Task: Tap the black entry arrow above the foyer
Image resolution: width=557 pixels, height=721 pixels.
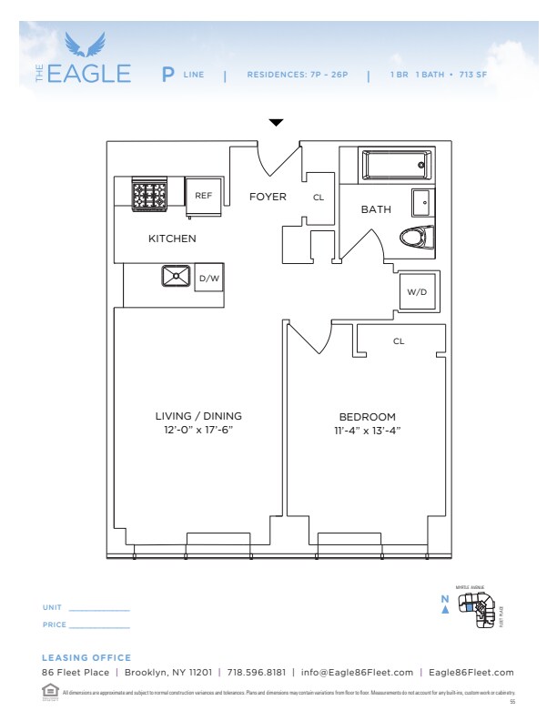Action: coord(276,122)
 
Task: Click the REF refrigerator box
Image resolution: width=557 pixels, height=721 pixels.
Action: coord(203,195)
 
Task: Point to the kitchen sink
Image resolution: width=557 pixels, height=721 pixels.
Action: coord(175,276)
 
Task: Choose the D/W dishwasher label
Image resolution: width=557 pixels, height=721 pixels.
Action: coord(209,278)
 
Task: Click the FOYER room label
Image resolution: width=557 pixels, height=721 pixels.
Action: coord(268,197)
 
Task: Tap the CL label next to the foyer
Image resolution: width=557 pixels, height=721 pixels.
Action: coord(319,197)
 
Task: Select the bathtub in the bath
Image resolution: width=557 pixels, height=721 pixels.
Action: coord(396,166)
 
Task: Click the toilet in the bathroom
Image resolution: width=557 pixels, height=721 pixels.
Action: coord(415,238)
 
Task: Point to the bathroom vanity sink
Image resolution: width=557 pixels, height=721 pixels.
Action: coord(421,201)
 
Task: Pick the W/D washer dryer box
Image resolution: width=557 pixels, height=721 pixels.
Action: coord(417,292)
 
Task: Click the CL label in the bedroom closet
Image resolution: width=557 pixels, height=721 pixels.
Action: coord(399,341)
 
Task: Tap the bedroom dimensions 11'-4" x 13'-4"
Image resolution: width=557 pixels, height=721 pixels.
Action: coord(368,430)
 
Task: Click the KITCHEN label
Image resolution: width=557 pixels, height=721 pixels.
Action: coord(172,239)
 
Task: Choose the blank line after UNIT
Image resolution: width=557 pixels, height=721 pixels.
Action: coord(99,609)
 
